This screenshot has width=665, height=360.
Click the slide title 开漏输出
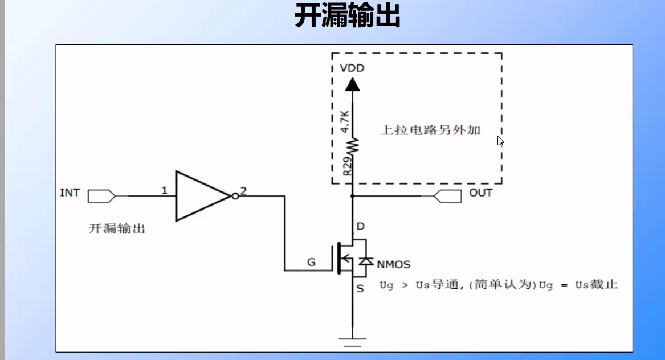tap(347, 16)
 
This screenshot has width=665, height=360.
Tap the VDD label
tap(352, 68)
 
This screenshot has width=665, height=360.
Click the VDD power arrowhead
tap(353, 84)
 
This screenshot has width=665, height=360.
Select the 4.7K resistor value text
tap(344, 121)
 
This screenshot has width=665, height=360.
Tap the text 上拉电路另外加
tap(430, 130)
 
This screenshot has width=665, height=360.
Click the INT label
tap(70, 193)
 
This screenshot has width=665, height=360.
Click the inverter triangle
tap(199, 196)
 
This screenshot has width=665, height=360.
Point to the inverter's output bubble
tap(234, 196)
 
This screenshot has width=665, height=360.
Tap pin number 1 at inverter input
tap(164, 190)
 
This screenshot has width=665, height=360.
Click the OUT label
tap(480, 193)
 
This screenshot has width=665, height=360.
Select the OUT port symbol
tap(447, 196)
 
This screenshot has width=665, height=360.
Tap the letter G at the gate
tap(311, 262)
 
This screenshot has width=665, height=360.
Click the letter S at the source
tap(360, 289)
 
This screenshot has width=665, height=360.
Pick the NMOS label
tap(393, 264)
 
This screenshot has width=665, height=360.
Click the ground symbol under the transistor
tap(352, 342)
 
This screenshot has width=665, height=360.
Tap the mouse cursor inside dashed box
tap(500, 141)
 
